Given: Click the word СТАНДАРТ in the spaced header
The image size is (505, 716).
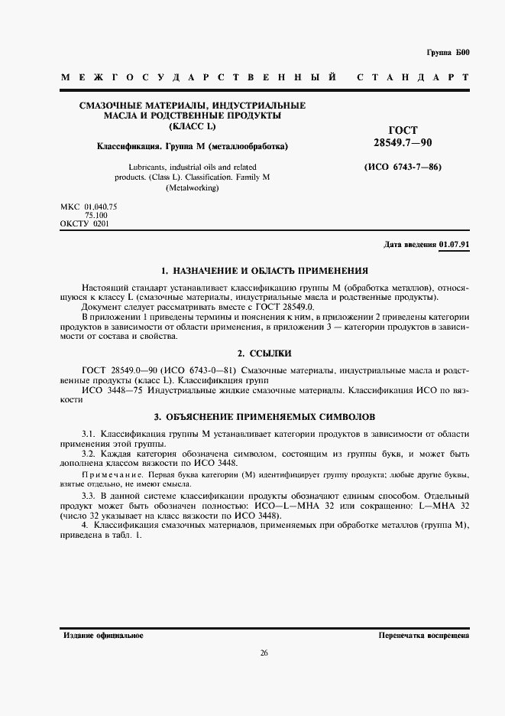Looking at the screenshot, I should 413,78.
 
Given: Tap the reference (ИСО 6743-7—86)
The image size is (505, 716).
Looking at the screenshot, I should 403,167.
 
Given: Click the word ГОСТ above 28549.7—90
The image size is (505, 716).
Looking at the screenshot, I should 403,131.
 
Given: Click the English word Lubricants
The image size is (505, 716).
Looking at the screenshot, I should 142,167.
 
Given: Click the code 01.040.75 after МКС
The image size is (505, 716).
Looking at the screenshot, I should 101,207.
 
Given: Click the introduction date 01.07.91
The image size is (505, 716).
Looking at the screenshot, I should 454,244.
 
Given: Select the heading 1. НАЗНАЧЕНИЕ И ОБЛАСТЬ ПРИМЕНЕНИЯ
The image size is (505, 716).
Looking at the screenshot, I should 264,270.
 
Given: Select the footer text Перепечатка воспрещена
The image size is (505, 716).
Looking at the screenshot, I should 423,636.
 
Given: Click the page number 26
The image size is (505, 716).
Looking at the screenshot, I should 264,653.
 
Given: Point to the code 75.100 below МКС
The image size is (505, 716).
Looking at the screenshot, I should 96,216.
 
